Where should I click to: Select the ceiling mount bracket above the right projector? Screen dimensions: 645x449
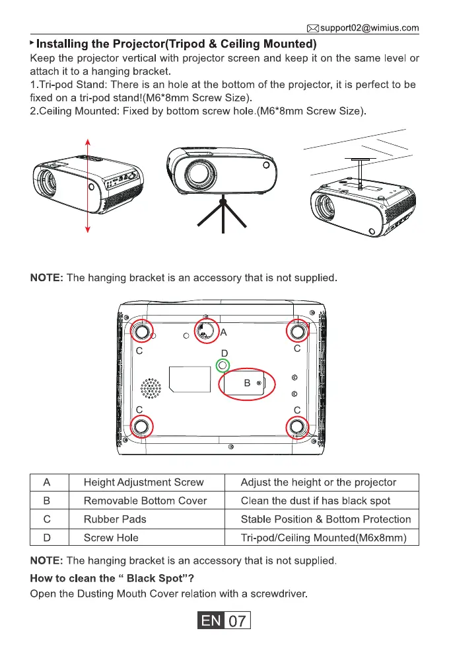(x=361, y=169)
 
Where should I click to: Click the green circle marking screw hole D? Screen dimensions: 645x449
(x=223, y=365)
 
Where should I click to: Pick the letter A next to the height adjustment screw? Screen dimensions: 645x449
(x=223, y=331)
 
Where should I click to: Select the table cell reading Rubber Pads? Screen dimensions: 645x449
(x=115, y=519)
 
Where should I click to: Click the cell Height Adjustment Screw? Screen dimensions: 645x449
(x=143, y=482)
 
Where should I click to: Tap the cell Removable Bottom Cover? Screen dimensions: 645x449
(x=145, y=501)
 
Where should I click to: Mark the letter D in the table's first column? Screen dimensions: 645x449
(x=48, y=538)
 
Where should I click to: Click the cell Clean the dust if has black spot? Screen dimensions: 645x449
(x=315, y=501)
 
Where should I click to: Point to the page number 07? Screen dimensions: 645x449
(x=238, y=622)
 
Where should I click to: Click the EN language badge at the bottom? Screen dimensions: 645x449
(x=213, y=622)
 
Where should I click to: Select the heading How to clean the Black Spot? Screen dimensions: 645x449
(x=103, y=578)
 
